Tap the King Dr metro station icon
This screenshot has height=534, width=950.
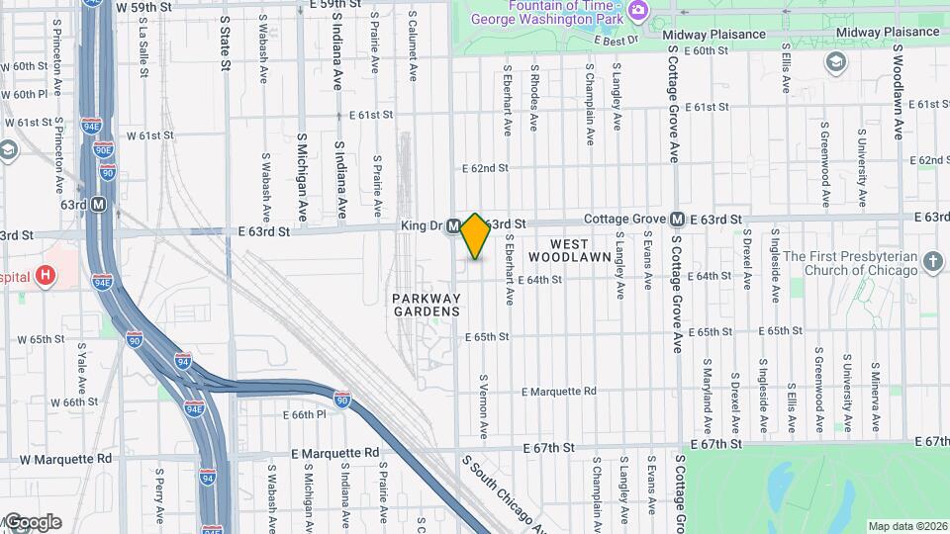[x=452, y=226]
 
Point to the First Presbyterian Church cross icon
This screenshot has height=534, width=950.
[x=932, y=262]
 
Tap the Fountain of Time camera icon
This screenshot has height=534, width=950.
[x=637, y=10]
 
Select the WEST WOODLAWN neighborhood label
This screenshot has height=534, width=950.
[x=570, y=250]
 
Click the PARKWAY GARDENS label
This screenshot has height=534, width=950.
[x=426, y=305]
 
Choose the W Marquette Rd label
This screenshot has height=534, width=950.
[x=65, y=459]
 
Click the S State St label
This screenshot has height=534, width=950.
[x=225, y=43]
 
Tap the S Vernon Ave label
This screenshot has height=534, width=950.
[x=484, y=406]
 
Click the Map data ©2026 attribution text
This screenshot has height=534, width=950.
[x=907, y=526]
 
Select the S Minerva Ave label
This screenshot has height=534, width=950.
[x=876, y=390]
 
